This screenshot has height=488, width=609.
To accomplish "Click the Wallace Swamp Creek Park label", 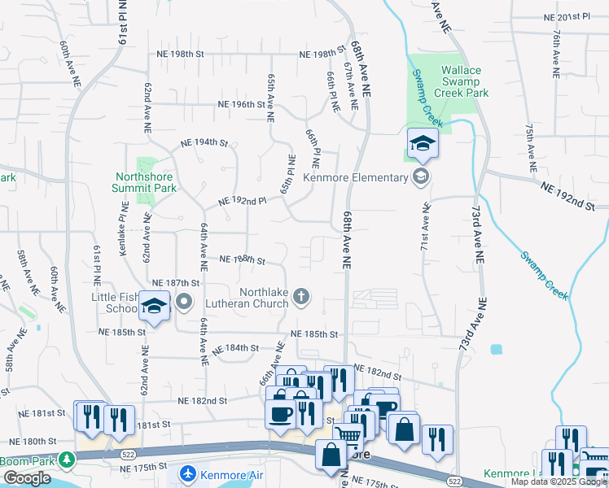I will pos(465,81).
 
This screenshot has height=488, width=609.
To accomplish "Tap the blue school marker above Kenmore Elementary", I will pos(423,145).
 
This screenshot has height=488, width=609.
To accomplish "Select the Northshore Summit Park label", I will pos(146,181).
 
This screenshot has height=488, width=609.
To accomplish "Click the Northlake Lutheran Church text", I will pos(264,298).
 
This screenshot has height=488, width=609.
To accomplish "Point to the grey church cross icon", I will pos(302,296).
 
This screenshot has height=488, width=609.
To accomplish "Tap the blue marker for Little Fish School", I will pos(154,306).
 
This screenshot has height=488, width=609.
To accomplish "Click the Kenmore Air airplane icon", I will pos(188,472).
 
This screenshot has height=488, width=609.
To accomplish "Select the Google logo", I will pos(27,478).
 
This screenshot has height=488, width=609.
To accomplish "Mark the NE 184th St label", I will pos(235,348).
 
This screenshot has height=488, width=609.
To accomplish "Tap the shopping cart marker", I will pos(349,435).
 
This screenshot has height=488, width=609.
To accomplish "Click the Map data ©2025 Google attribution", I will pos(559,481).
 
